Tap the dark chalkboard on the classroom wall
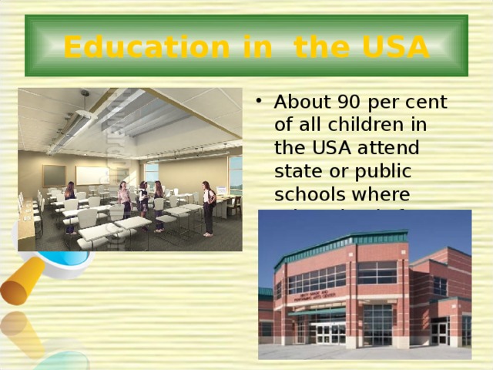[54, 175]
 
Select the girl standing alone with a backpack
[207, 206]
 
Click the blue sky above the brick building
[308, 227]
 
